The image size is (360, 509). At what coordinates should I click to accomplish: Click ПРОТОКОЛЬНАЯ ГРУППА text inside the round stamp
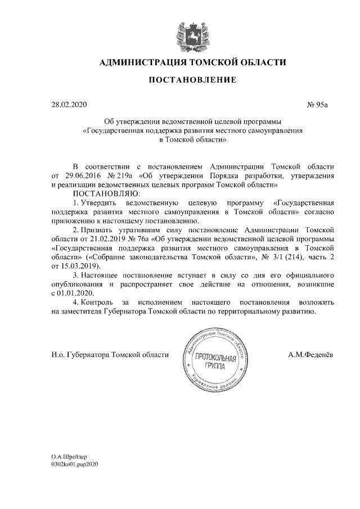coord(212,362)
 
